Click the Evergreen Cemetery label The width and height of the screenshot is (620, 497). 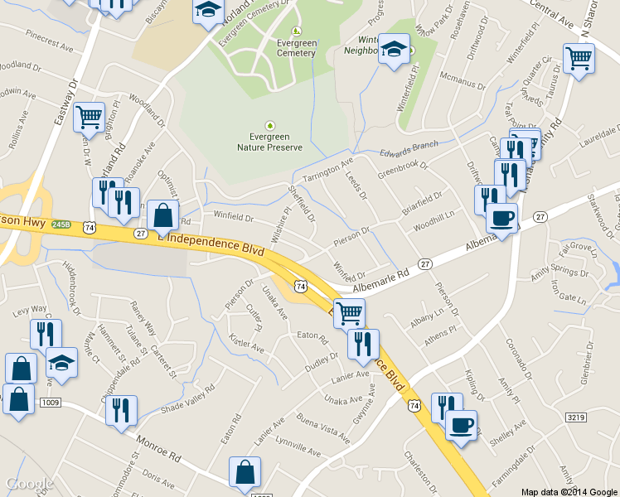[x=296, y=48]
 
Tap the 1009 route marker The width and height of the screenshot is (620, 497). [x=50, y=403]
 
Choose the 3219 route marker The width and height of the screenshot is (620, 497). [x=578, y=419]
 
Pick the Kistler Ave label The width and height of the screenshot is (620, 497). [x=246, y=341]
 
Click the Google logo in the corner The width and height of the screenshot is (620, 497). [x=30, y=484]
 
